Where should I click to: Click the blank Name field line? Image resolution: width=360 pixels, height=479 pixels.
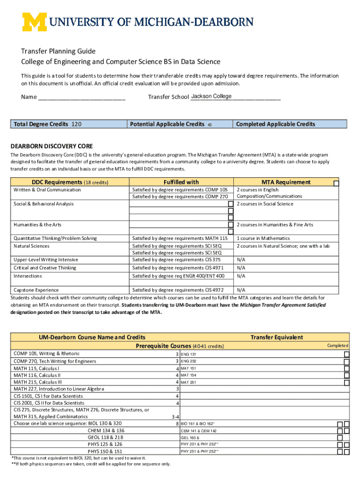point(82,98)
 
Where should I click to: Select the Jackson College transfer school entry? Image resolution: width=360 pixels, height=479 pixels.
point(211,96)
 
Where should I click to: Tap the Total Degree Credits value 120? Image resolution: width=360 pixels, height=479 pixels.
point(76,124)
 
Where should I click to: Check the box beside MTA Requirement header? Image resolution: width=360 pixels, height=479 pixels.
point(336,182)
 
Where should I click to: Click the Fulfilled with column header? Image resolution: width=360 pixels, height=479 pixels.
point(181,182)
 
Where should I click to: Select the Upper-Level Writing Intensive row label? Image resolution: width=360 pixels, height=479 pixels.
point(46,260)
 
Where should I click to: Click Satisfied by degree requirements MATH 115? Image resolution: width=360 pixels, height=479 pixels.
point(180,239)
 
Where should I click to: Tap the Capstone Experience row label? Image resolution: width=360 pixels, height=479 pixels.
point(36,290)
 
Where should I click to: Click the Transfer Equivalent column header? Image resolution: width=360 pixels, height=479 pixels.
point(276,337)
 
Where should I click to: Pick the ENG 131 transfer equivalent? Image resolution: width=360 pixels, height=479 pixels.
point(188,354)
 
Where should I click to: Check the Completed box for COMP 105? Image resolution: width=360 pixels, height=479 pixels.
point(346,354)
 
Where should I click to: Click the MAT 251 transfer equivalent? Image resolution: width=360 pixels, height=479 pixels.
point(188,382)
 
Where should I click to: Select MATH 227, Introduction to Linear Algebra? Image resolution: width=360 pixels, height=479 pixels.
point(59,389)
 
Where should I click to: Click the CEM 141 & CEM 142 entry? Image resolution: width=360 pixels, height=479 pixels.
point(199,431)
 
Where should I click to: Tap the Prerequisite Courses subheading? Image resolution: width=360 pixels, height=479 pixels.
point(180,346)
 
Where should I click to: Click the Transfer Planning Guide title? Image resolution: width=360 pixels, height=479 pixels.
point(58,51)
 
